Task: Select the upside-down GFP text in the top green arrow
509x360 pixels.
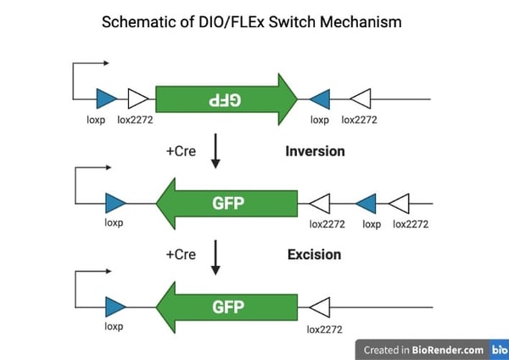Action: pos(225,99)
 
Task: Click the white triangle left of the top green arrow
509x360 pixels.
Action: pos(137,98)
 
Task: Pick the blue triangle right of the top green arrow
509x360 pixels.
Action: pos(320,98)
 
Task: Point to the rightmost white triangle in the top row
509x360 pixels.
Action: pos(361,98)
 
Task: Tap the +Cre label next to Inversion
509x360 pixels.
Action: pos(182,152)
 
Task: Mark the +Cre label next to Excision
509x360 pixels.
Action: pos(182,254)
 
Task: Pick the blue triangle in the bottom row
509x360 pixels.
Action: pos(115,306)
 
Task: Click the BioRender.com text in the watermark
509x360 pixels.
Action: pos(449,350)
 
